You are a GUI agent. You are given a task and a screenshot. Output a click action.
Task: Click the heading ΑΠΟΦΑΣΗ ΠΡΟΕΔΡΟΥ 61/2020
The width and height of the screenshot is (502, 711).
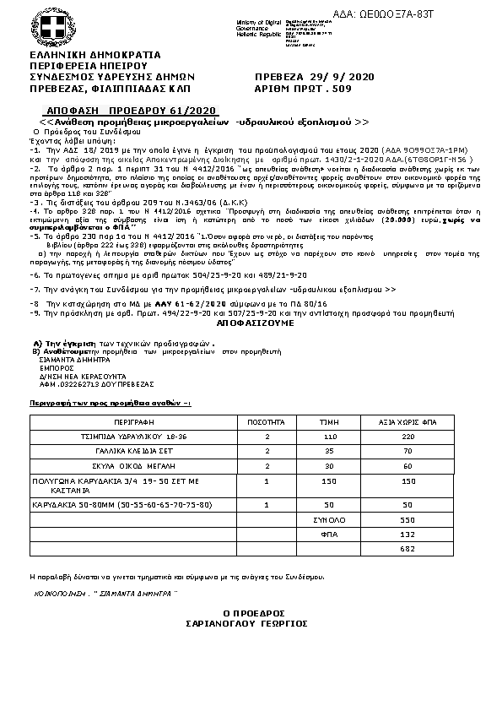130,111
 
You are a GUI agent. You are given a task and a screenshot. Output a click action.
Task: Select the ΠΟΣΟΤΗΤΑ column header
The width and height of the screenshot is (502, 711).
266,420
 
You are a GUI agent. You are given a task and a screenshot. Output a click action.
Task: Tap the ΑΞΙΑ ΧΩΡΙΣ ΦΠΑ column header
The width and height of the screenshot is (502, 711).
408,420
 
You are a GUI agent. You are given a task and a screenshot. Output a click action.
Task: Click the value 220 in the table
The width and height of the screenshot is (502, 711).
408,436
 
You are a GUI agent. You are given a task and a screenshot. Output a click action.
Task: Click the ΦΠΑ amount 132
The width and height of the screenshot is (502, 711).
408,534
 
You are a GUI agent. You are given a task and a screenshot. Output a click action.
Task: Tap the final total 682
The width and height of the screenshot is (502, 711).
408,549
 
